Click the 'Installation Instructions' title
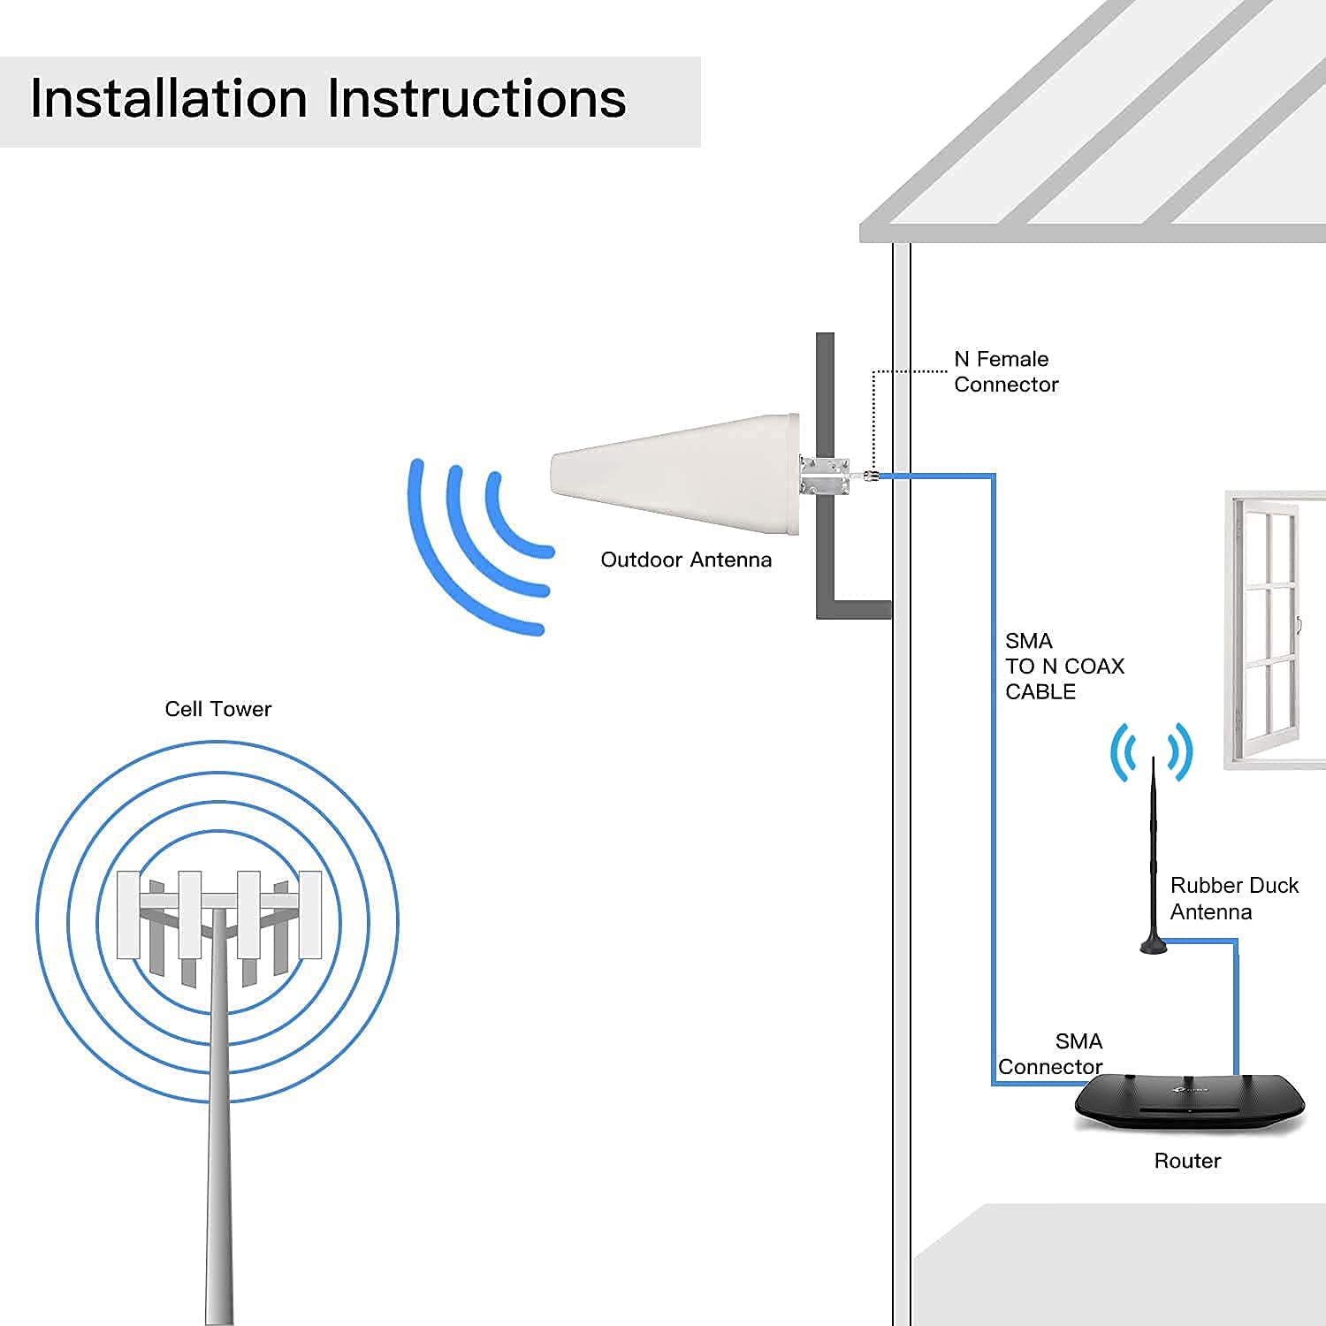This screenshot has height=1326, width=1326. point(328,98)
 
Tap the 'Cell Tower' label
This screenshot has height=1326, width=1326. point(217,709)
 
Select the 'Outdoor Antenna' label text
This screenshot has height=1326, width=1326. point(686,560)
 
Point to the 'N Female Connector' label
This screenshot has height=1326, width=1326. point(1005,371)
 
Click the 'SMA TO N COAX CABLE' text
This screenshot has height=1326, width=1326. point(1063,666)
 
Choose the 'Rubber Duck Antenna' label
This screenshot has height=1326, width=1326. point(1233,898)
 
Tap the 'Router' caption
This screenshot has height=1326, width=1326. point(1186,1161)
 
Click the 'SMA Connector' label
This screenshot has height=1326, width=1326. point(1050,1054)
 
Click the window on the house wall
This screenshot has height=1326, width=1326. point(1273,628)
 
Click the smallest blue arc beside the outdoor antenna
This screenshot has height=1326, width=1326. point(513,522)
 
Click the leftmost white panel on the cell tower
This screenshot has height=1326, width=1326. point(128,914)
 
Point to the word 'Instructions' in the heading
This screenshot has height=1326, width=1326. point(477,98)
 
